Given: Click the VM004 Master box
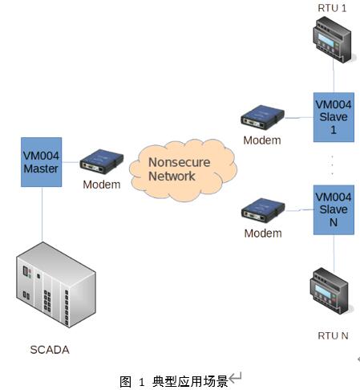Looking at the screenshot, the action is pos(42,162).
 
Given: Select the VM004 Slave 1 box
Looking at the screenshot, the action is pos(334,117).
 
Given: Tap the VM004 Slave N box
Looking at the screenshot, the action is pos(334,210).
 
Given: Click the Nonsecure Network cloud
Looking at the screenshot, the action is pos(183,170).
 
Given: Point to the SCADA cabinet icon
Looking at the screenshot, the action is pos(56,285).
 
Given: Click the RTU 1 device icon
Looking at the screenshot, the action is pos(334,39).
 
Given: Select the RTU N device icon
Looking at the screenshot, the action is pos(330,291).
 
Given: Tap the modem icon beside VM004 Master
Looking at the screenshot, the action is pos(102,161).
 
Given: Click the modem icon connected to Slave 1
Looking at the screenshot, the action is pos(262,117).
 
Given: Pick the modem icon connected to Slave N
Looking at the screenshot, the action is pos(263,210).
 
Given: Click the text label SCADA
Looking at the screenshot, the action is pos(50,350).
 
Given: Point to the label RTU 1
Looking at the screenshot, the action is pos(332,8).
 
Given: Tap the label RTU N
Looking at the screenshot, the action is pos(333,335).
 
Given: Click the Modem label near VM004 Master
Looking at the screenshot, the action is pos(102,185).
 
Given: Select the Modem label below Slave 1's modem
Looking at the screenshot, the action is pos(262,140).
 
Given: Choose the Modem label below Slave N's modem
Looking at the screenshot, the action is pos(263,234).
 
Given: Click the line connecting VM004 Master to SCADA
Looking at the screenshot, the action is pos(42,214).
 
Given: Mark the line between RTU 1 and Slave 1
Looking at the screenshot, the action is pos(334,75).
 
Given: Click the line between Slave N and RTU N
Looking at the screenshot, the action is pos(334,254).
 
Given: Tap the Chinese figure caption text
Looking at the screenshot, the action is pos(174,381).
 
